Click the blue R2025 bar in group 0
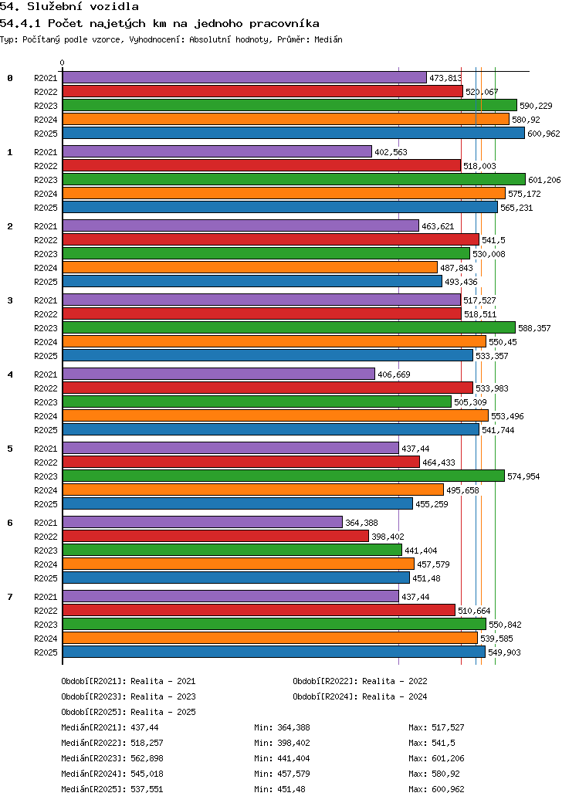[x=293, y=133]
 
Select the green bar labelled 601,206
[x=294, y=179]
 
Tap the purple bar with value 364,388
[x=202, y=523]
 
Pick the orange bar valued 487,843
[x=250, y=267]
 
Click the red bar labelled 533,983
[x=267, y=388]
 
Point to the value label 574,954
[x=523, y=476]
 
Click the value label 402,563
[x=391, y=152]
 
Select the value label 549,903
[x=504, y=652]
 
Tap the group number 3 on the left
[x=10, y=300]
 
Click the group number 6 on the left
[x=10, y=523]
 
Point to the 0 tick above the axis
[x=62, y=63]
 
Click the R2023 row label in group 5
[x=46, y=476]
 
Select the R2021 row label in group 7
[x=46, y=597]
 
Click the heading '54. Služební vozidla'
[x=69, y=7]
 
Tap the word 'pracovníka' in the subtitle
[x=284, y=24]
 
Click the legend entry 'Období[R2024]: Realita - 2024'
[x=360, y=696]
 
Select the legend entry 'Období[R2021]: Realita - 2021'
[x=128, y=681]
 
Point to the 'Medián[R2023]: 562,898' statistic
[x=112, y=758]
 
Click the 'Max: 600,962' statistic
[x=436, y=789]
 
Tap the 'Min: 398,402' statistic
[x=282, y=743]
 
